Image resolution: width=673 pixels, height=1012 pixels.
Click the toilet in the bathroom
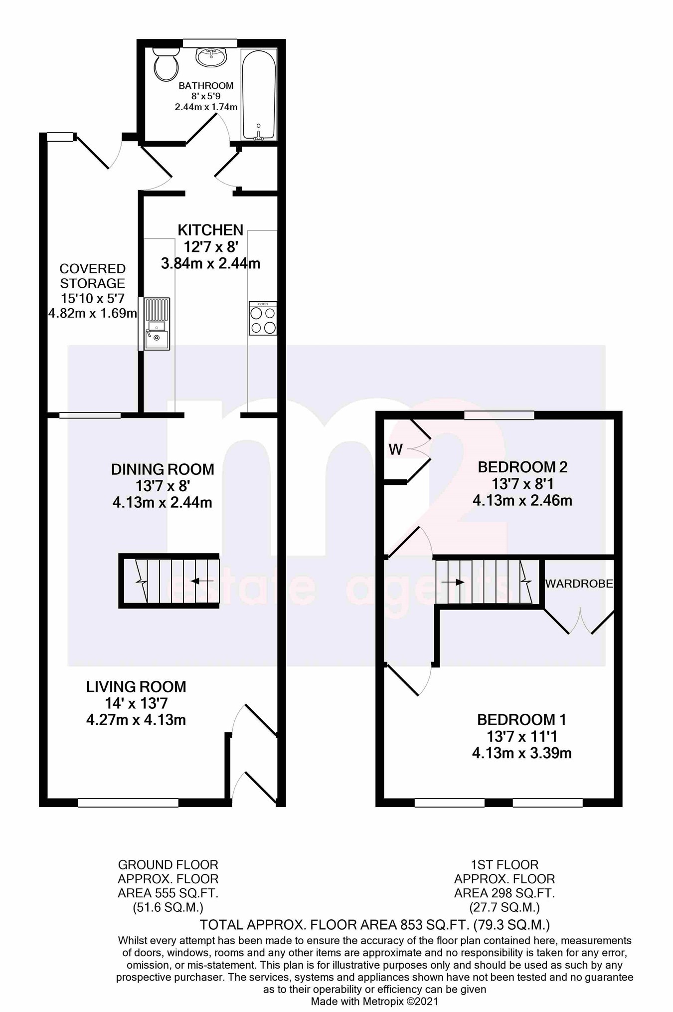point(166,64)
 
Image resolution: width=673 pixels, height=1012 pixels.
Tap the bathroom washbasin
point(211,56)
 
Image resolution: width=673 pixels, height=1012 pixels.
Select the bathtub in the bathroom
point(258,95)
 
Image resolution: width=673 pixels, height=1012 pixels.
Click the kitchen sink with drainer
point(157,324)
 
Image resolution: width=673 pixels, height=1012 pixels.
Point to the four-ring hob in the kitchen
point(263,319)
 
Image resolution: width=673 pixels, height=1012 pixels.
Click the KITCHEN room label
point(210,230)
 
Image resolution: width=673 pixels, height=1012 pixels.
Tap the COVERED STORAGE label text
point(93,276)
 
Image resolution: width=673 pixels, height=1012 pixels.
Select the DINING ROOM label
point(163,469)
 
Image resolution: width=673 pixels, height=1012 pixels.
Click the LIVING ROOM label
point(136,687)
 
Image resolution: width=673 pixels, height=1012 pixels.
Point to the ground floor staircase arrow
point(202,581)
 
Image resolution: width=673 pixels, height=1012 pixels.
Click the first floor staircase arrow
point(453,582)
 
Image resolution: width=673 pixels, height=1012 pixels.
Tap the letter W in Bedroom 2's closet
point(395,450)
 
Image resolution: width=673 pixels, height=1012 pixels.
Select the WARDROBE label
point(579,584)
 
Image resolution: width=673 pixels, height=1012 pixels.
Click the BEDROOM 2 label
point(522,467)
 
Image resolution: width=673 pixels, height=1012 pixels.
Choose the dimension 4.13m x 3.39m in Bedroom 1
point(522,753)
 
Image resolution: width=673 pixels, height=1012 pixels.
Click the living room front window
point(128,803)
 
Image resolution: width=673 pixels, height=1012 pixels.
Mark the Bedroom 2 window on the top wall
point(499,415)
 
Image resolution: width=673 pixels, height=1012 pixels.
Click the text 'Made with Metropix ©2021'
point(374,1001)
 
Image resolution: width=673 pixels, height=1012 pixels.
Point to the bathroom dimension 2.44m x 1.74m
point(206,107)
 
